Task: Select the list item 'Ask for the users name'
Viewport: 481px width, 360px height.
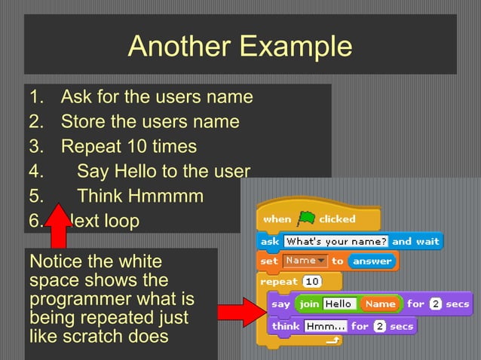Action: [x=156, y=97]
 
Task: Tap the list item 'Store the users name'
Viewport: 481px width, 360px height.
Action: [x=149, y=121]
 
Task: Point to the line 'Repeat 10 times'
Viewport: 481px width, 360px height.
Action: [x=128, y=146]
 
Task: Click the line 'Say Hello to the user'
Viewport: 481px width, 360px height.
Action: [x=163, y=171]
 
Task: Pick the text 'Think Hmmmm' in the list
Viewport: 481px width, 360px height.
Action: [x=140, y=197]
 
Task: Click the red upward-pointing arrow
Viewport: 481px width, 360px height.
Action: [x=57, y=226]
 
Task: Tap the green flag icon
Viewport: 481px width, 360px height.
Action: [x=305, y=218]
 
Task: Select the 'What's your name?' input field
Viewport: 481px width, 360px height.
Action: [x=335, y=241]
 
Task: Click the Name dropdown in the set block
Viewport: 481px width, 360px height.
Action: [x=304, y=261]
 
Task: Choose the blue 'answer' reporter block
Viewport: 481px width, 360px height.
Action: [x=372, y=261]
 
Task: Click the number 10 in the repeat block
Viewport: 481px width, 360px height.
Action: [x=312, y=281]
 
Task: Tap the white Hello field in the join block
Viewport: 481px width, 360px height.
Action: [x=338, y=304]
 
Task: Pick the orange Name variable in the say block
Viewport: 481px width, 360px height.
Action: [x=380, y=304]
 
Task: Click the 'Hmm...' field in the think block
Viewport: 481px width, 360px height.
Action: [x=326, y=327]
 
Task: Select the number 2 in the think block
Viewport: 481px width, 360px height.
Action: [x=380, y=327]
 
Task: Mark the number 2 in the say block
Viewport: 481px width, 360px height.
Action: [x=436, y=304]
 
